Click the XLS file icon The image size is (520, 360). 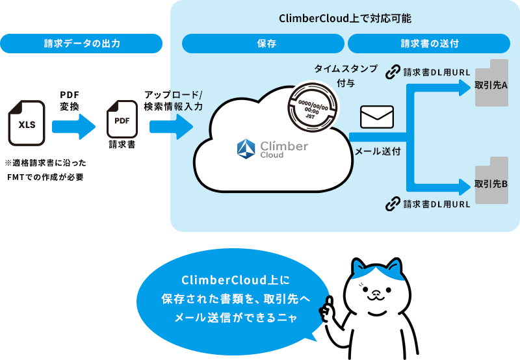(27, 122)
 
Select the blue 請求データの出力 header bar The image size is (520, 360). (81, 44)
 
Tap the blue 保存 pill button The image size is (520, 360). (263, 44)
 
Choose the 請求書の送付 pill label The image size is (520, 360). (429, 44)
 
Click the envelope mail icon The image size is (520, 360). (377, 117)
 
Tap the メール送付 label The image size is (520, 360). (377, 151)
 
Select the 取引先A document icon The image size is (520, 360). (491, 83)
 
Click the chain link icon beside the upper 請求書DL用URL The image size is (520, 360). (393, 72)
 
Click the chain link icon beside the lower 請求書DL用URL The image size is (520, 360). (393, 204)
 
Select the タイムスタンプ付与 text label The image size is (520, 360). (345, 75)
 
